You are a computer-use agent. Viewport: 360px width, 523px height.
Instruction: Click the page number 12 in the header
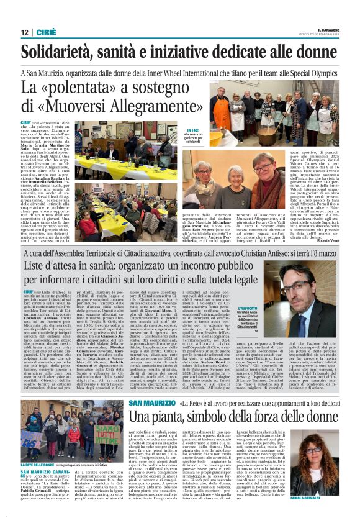(x=25, y=32)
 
